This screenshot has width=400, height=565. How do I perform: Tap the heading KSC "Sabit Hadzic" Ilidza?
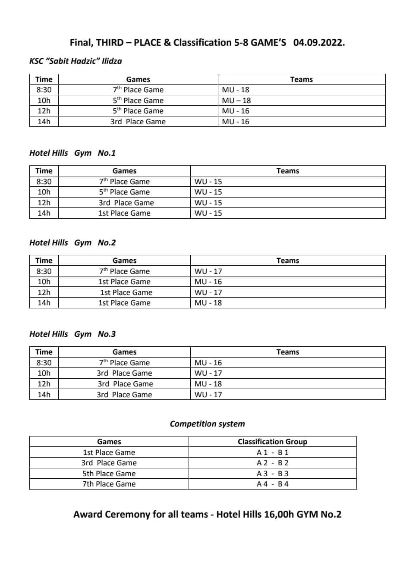tap(76, 61)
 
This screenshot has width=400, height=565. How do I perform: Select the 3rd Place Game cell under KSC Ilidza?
tap(138, 122)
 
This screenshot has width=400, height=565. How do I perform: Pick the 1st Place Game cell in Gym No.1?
tap(124, 213)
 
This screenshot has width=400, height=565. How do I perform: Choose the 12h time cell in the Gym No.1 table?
tap(44, 203)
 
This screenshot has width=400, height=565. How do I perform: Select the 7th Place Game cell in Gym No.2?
tap(124, 271)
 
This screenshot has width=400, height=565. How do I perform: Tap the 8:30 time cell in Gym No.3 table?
tap(44, 363)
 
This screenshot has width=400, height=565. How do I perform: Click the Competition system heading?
tap(207, 424)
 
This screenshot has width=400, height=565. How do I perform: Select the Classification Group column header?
tap(272, 442)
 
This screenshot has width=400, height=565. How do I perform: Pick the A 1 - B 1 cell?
tap(272, 452)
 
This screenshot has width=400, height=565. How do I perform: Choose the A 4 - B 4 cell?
tap(272, 484)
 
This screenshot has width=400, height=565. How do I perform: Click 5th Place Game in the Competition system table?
tap(109, 474)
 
